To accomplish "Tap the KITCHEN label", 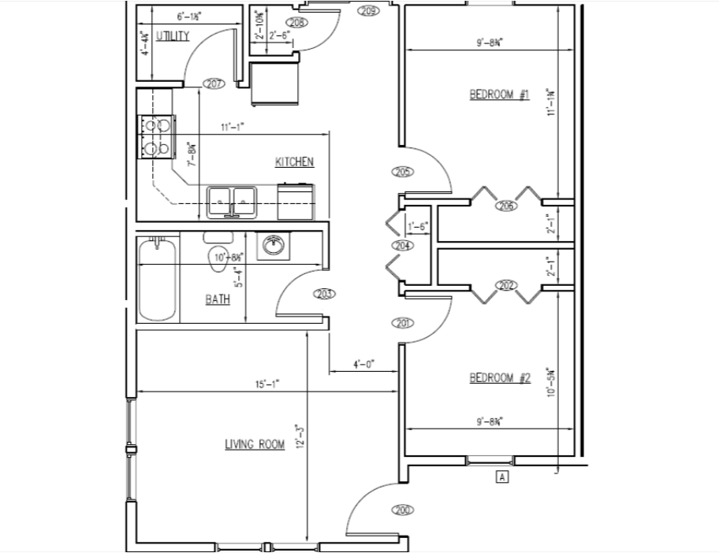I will point(294,162).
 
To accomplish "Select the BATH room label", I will point(218,299).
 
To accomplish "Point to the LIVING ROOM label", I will point(255,444).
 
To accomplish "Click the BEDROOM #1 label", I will point(499,95).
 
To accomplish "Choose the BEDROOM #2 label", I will point(500,378).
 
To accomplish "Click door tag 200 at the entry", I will point(402,510).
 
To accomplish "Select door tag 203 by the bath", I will point(324,294).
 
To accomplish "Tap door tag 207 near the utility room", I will point(214,84).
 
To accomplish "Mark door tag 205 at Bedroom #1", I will point(402,172).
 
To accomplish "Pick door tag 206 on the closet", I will point(505,206).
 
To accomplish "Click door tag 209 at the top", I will point(368,10).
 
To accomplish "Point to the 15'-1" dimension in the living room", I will point(266,385).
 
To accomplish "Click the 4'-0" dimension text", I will point(363,365).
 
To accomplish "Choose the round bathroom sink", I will point(274,246).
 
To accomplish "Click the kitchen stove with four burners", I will point(155,136).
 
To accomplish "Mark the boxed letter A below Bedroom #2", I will point(500,476).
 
